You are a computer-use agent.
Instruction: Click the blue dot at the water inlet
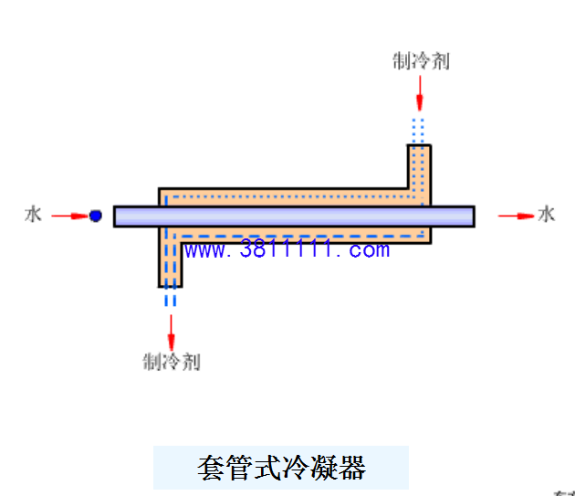point(95,216)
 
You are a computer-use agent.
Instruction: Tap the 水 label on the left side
point(33,215)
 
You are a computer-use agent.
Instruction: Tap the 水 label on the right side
point(547,215)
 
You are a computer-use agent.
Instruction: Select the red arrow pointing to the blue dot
point(70,216)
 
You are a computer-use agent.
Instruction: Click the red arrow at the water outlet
point(516,216)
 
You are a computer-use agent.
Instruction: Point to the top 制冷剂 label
point(421,61)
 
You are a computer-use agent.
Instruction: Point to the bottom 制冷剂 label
point(172,362)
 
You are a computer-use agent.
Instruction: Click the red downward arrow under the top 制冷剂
point(420,93)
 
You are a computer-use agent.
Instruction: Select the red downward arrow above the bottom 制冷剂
point(171,332)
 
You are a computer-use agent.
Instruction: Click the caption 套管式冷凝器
point(281,468)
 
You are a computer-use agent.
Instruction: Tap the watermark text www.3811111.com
point(287,249)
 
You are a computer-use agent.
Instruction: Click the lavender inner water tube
point(294,216)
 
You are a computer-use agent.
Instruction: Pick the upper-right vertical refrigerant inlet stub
point(419,167)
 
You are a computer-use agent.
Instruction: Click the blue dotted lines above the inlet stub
point(418,131)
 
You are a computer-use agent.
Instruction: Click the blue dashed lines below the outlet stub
point(170,297)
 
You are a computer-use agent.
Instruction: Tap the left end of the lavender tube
point(114,216)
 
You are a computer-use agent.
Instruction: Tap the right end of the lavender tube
point(475,216)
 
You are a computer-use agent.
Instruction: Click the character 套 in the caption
point(211,468)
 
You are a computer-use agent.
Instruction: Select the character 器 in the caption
point(352,468)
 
